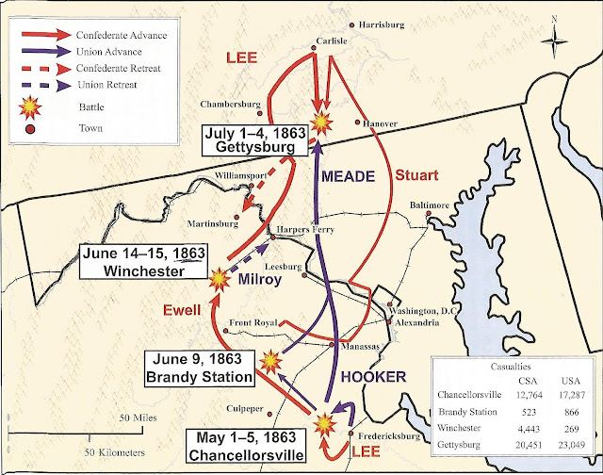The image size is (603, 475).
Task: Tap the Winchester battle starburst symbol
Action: (220, 277)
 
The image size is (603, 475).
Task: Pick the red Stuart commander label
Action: (416, 175)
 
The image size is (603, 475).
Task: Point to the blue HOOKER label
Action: (380, 376)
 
